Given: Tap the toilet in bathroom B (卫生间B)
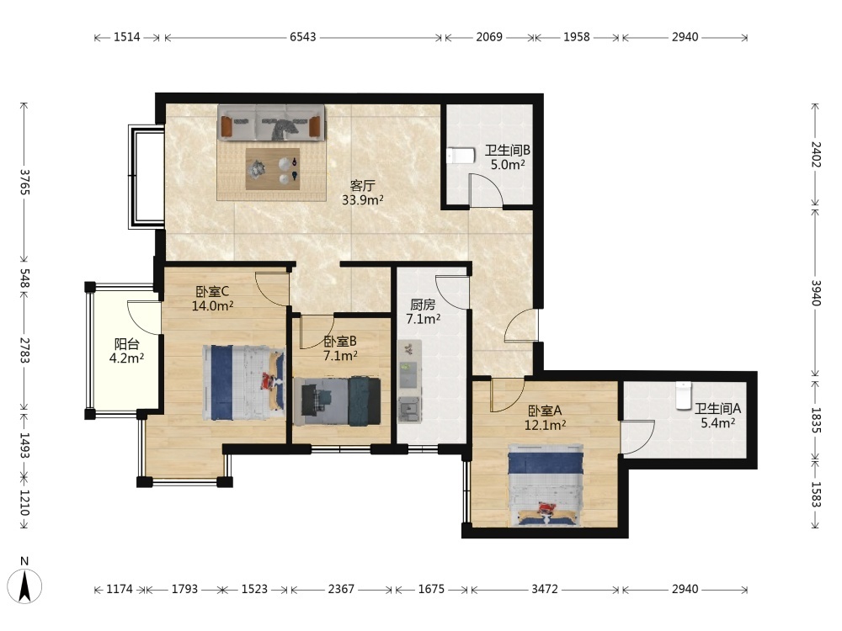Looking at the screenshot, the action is coord(461,156).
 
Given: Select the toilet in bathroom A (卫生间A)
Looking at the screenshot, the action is coord(684,396).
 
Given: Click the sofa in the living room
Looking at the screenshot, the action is coord(271,123).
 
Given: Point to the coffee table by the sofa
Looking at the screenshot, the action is coord(273,168).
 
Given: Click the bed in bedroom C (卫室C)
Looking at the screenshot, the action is coord(244,383).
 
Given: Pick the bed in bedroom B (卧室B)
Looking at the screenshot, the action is coord(338,401).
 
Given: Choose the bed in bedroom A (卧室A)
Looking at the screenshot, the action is coord(546,485).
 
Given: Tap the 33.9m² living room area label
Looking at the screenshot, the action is coord(363,200).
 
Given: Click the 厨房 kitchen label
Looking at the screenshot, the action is coord(423,305).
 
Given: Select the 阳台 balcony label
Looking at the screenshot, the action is coord(127,344).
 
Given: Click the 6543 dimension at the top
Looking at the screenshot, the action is coord(303,37).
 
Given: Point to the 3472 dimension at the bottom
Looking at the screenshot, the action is coord(545,589).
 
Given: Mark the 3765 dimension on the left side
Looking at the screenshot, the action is coord(24,183).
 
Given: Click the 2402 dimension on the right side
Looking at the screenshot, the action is coord(816,154).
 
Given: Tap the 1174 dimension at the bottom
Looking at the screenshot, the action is coord(120,589).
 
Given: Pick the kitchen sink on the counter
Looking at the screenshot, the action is coord(410,409).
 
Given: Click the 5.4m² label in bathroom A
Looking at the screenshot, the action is coord(718,423).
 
